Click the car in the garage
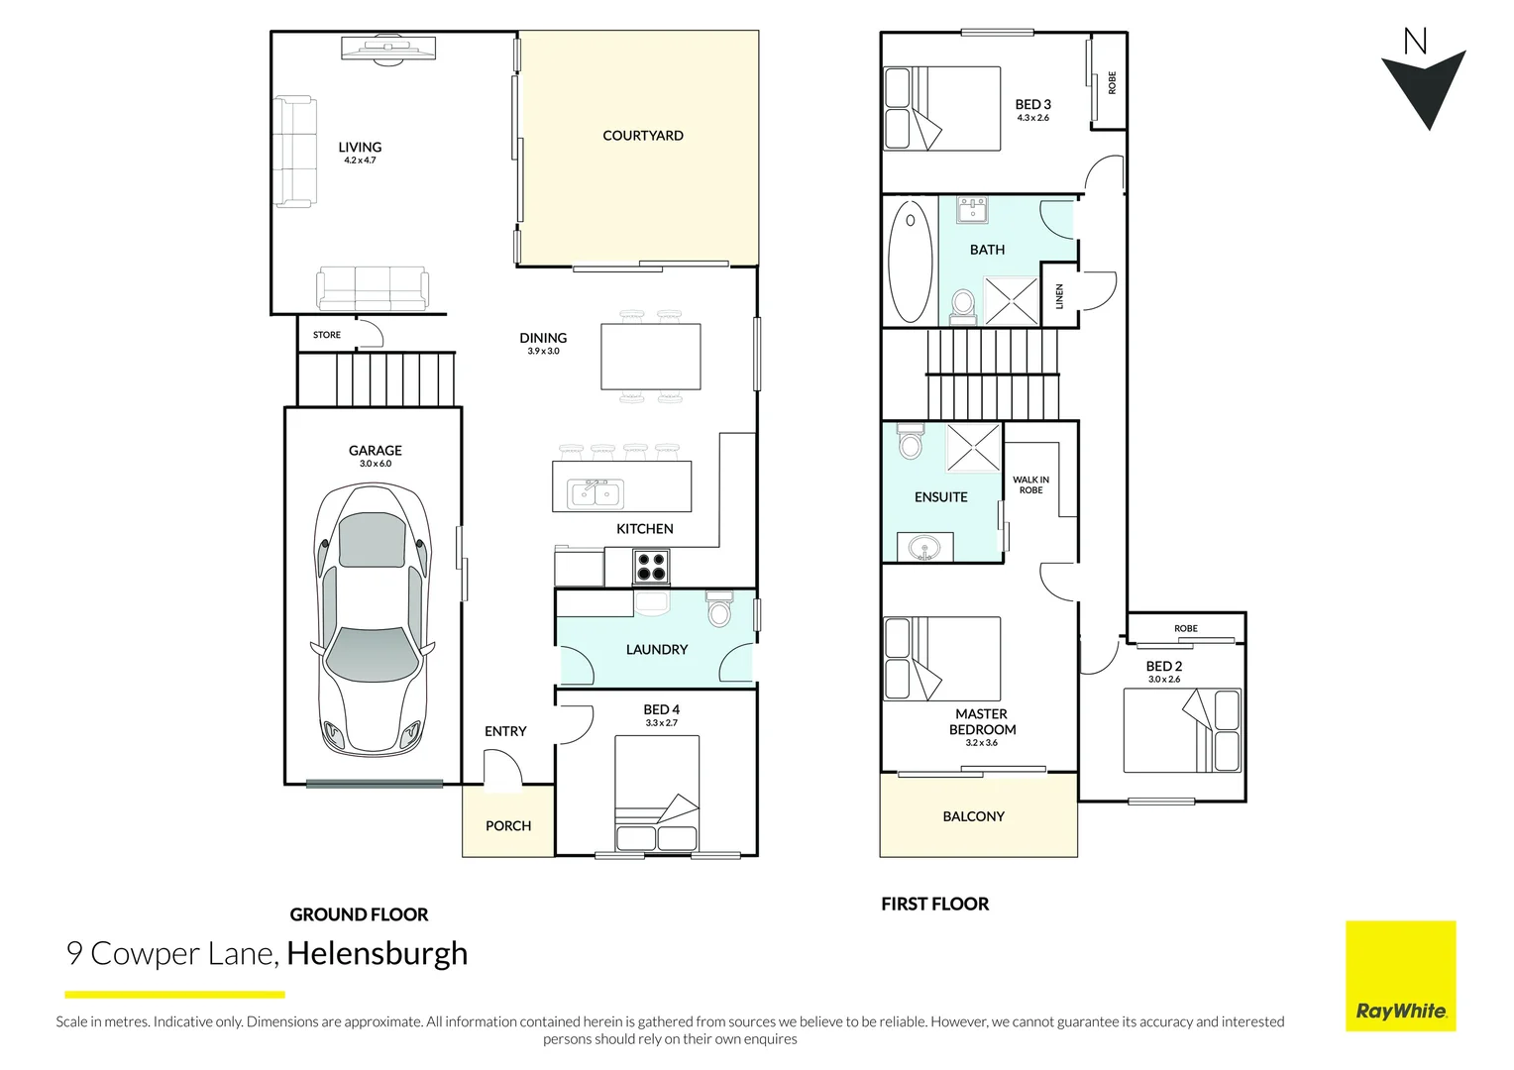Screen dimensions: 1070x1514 (x=374, y=618)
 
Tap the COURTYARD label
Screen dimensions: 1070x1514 (x=642, y=136)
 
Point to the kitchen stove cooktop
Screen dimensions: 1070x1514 (x=651, y=567)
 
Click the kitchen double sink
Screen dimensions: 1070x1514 (x=595, y=493)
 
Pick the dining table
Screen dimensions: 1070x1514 (x=651, y=357)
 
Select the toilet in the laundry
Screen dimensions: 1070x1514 (x=719, y=608)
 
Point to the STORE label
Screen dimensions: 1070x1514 (x=327, y=335)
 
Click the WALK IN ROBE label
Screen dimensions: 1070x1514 (x=1030, y=484)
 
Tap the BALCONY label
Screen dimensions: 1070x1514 (x=973, y=816)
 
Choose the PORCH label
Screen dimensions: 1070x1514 (x=508, y=825)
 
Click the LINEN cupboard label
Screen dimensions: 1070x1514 (x=1059, y=295)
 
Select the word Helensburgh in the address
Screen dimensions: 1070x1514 (x=377, y=953)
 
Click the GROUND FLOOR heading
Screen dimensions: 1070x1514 (x=359, y=914)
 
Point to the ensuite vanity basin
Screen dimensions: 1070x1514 (x=925, y=547)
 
